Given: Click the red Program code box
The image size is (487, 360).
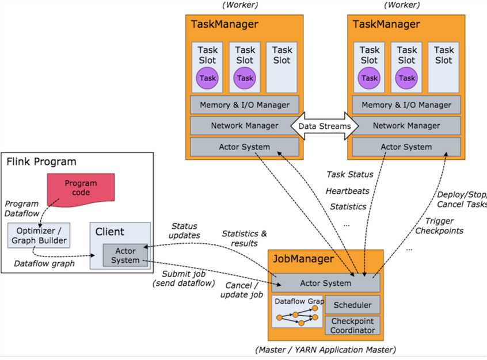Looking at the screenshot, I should click(x=81, y=188).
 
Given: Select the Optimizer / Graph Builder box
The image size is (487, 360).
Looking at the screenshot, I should click(x=39, y=235).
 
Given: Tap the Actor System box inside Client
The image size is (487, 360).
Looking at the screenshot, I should click(x=125, y=255).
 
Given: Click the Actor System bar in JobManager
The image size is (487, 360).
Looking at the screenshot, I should click(x=325, y=283).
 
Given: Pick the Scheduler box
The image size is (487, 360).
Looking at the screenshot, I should click(x=352, y=305).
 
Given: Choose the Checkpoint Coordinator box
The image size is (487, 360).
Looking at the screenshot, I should click(x=352, y=325).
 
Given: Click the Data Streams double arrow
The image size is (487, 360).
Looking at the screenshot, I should click(x=324, y=125).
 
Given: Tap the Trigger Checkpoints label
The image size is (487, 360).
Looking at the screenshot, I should click(x=444, y=226).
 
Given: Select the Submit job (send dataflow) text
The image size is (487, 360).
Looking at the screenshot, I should click(x=182, y=278).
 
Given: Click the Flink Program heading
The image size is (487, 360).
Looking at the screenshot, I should click(x=41, y=162).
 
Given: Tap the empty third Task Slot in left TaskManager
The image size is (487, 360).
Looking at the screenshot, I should click(x=281, y=67).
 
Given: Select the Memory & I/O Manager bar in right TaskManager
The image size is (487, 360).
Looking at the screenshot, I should click(x=406, y=105).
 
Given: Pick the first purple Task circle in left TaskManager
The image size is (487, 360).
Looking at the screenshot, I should click(x=207, y=78).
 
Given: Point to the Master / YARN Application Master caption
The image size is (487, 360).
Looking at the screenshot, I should click(x=325, y=350).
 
